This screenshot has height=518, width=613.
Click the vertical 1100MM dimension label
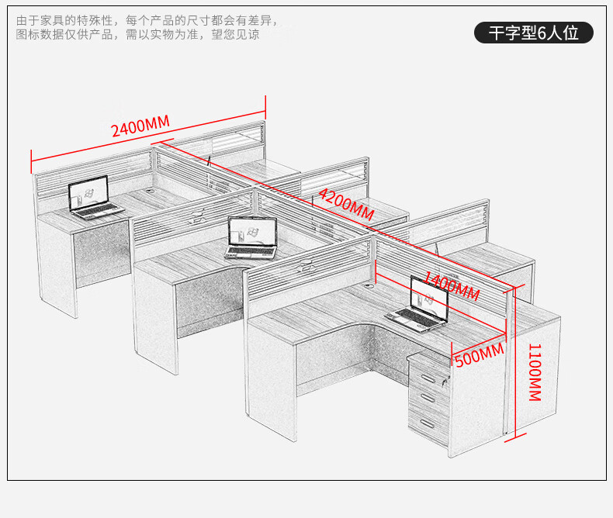click(x=535, y=372)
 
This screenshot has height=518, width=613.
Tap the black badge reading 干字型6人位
click(x=534, y=33)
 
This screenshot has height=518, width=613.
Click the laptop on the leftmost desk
click(x=92, y=200)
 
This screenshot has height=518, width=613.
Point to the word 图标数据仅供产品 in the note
click(x=66, y=36)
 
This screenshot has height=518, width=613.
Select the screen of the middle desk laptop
click(x=253, y=231)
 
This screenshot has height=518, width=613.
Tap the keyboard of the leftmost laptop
click(x=98, y=210)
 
